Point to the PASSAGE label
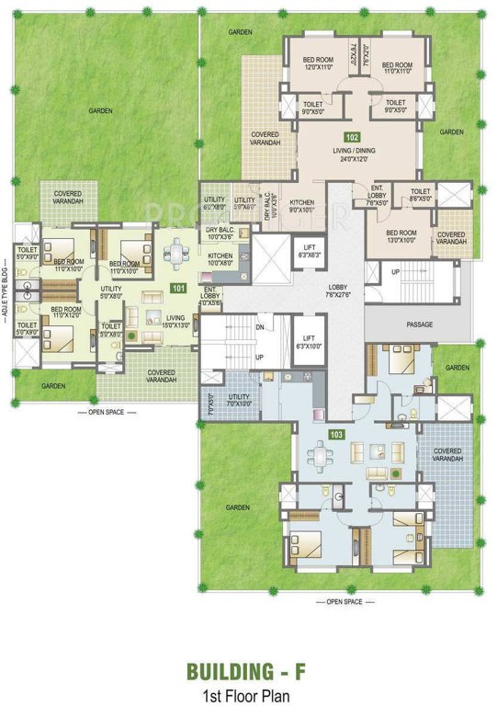click(x=421, y=325)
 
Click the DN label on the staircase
click(x=261, y=326)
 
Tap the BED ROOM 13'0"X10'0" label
click(x=402, y=235)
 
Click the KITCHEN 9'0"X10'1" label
click(x=303, y=206)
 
